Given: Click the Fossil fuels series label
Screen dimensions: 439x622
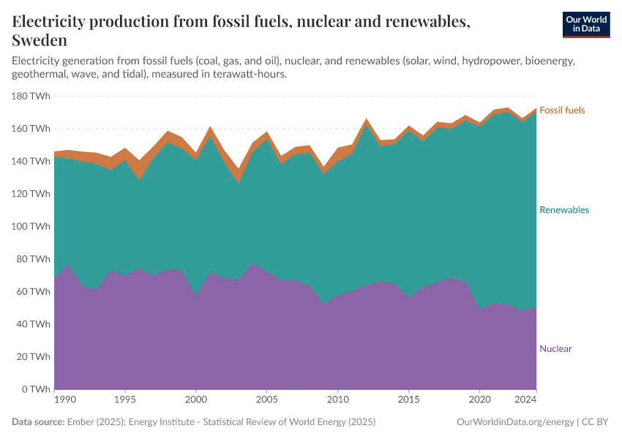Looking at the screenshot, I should coord(562,110).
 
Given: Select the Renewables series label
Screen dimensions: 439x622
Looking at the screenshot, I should coord(563,210).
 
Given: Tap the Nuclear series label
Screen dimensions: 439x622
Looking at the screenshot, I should coord(555,349).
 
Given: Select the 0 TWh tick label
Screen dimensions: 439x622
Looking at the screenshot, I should coord(36,389).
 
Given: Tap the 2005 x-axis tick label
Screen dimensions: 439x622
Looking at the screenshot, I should coord(267,400).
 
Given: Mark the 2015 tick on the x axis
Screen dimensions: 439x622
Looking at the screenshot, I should coord(408,400).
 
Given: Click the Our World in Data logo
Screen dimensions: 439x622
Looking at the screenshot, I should coord(585,24).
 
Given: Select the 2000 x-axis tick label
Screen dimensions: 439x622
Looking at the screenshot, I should coord(195,400).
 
